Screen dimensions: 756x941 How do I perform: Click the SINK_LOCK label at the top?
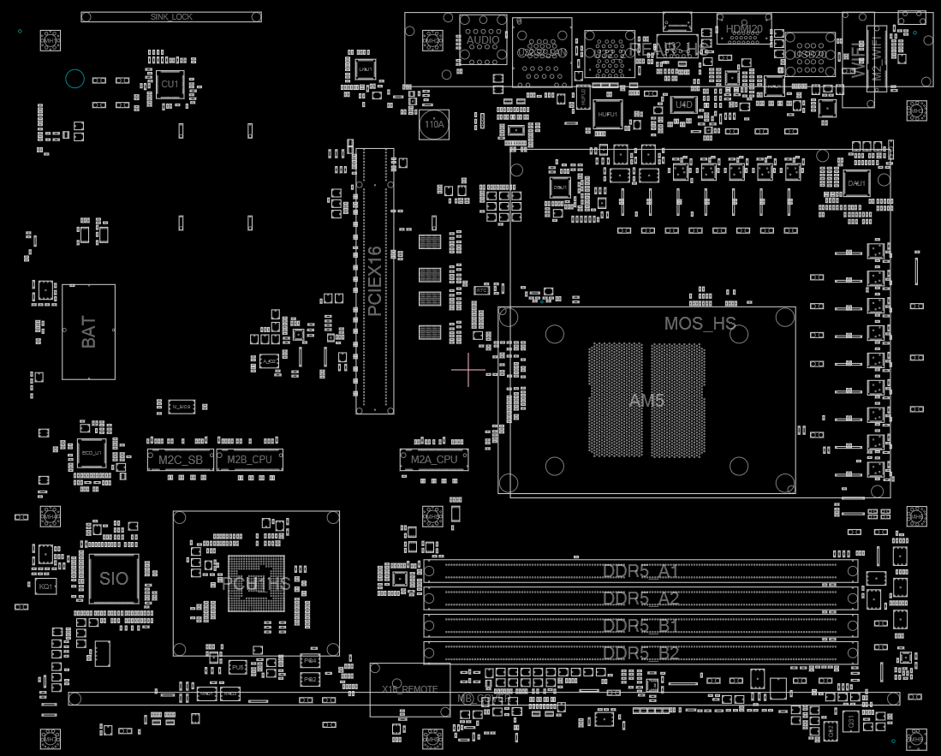[x=170, y=16]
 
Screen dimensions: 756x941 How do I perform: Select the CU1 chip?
[x=170, y=84]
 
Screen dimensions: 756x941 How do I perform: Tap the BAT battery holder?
[x=88, y=332]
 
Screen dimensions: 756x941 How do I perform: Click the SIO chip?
[x=114, y=579]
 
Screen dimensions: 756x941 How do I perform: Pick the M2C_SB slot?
[x=181, y=460]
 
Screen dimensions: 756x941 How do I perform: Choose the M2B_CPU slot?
[x=249, y=460]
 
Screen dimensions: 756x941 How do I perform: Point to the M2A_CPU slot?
[x=434, y=460]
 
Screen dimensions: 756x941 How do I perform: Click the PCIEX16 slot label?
[x=374, y=282]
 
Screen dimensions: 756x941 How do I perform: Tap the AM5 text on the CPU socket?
[x=646, y=401]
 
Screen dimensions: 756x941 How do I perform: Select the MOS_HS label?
[x=700, y=324]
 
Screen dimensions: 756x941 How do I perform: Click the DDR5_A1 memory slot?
[x=640, y=571]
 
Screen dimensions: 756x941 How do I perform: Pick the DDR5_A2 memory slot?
[x=640, y=598]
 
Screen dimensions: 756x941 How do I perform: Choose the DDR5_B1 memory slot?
[x=640, y=625]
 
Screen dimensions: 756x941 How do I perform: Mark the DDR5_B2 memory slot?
[x=640, y=652]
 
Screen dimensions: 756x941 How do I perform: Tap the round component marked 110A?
[x=434, y=125]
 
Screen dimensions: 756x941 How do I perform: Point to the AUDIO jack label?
[x=482, y=40]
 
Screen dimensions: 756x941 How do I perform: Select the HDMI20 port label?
[x=743, y=29]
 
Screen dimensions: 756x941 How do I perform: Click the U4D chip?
[x=683, y=104]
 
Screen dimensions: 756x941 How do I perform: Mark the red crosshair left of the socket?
[x=468, y=370]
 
